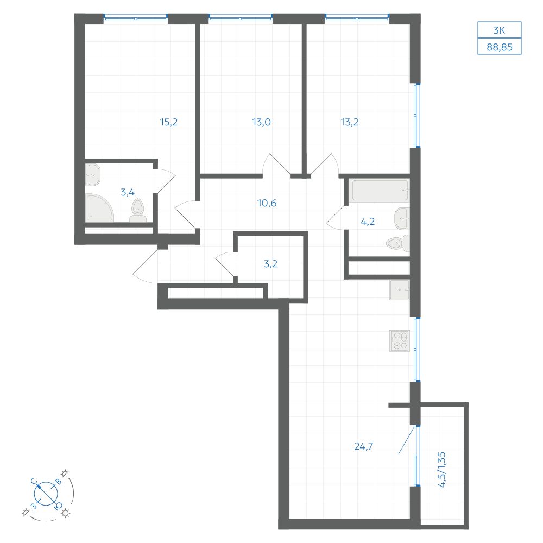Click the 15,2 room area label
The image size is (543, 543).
(x=169, y=122)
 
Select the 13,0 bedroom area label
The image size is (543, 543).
(x=262, y=122)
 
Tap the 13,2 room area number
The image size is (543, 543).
(x=350, y=122)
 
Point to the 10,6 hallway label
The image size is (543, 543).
(x=267, y=203)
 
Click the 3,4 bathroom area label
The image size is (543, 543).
(x=128, y=192)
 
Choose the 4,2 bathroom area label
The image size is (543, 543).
(x=368, y=222)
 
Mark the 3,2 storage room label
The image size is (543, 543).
(x=270, y=264)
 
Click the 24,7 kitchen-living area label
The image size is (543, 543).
(x=364, y=446)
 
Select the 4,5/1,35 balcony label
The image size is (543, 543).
(x=442, y=470)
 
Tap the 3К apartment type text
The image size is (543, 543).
(x=499, y=30)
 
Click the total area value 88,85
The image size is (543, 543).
(x=500, y=47)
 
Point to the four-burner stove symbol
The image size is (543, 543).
(x=400, y=341)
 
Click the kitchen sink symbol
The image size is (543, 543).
(x=400, y=289)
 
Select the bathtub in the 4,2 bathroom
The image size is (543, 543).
(x=379, y=191)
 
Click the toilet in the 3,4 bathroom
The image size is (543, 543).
(x=138, y=211)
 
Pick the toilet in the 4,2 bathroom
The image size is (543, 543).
(x=398, y=243)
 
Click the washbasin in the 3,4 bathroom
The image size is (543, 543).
(x=93, y=174)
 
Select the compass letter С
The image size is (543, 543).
(x=34, y=481)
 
